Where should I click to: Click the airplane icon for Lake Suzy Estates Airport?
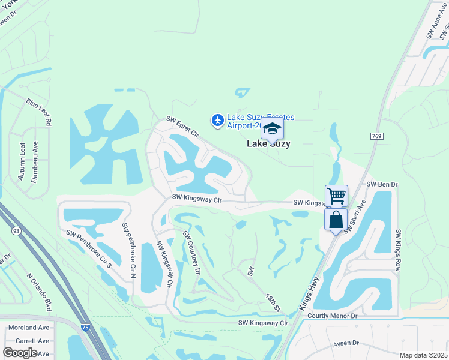point(217,121)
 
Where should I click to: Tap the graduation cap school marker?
point(272,128)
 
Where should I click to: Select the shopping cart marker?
point(336,195)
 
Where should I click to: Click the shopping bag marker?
point(336,219)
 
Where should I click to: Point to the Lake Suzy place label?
point(269,143)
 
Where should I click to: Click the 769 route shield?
point(376,137)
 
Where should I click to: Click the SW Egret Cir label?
point(182,128)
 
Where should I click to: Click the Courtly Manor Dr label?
point(332,316)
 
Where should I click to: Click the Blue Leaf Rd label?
point(39,112)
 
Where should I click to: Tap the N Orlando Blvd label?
point(39,293)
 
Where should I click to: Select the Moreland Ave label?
point(28,328)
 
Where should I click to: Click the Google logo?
point(20,353)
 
